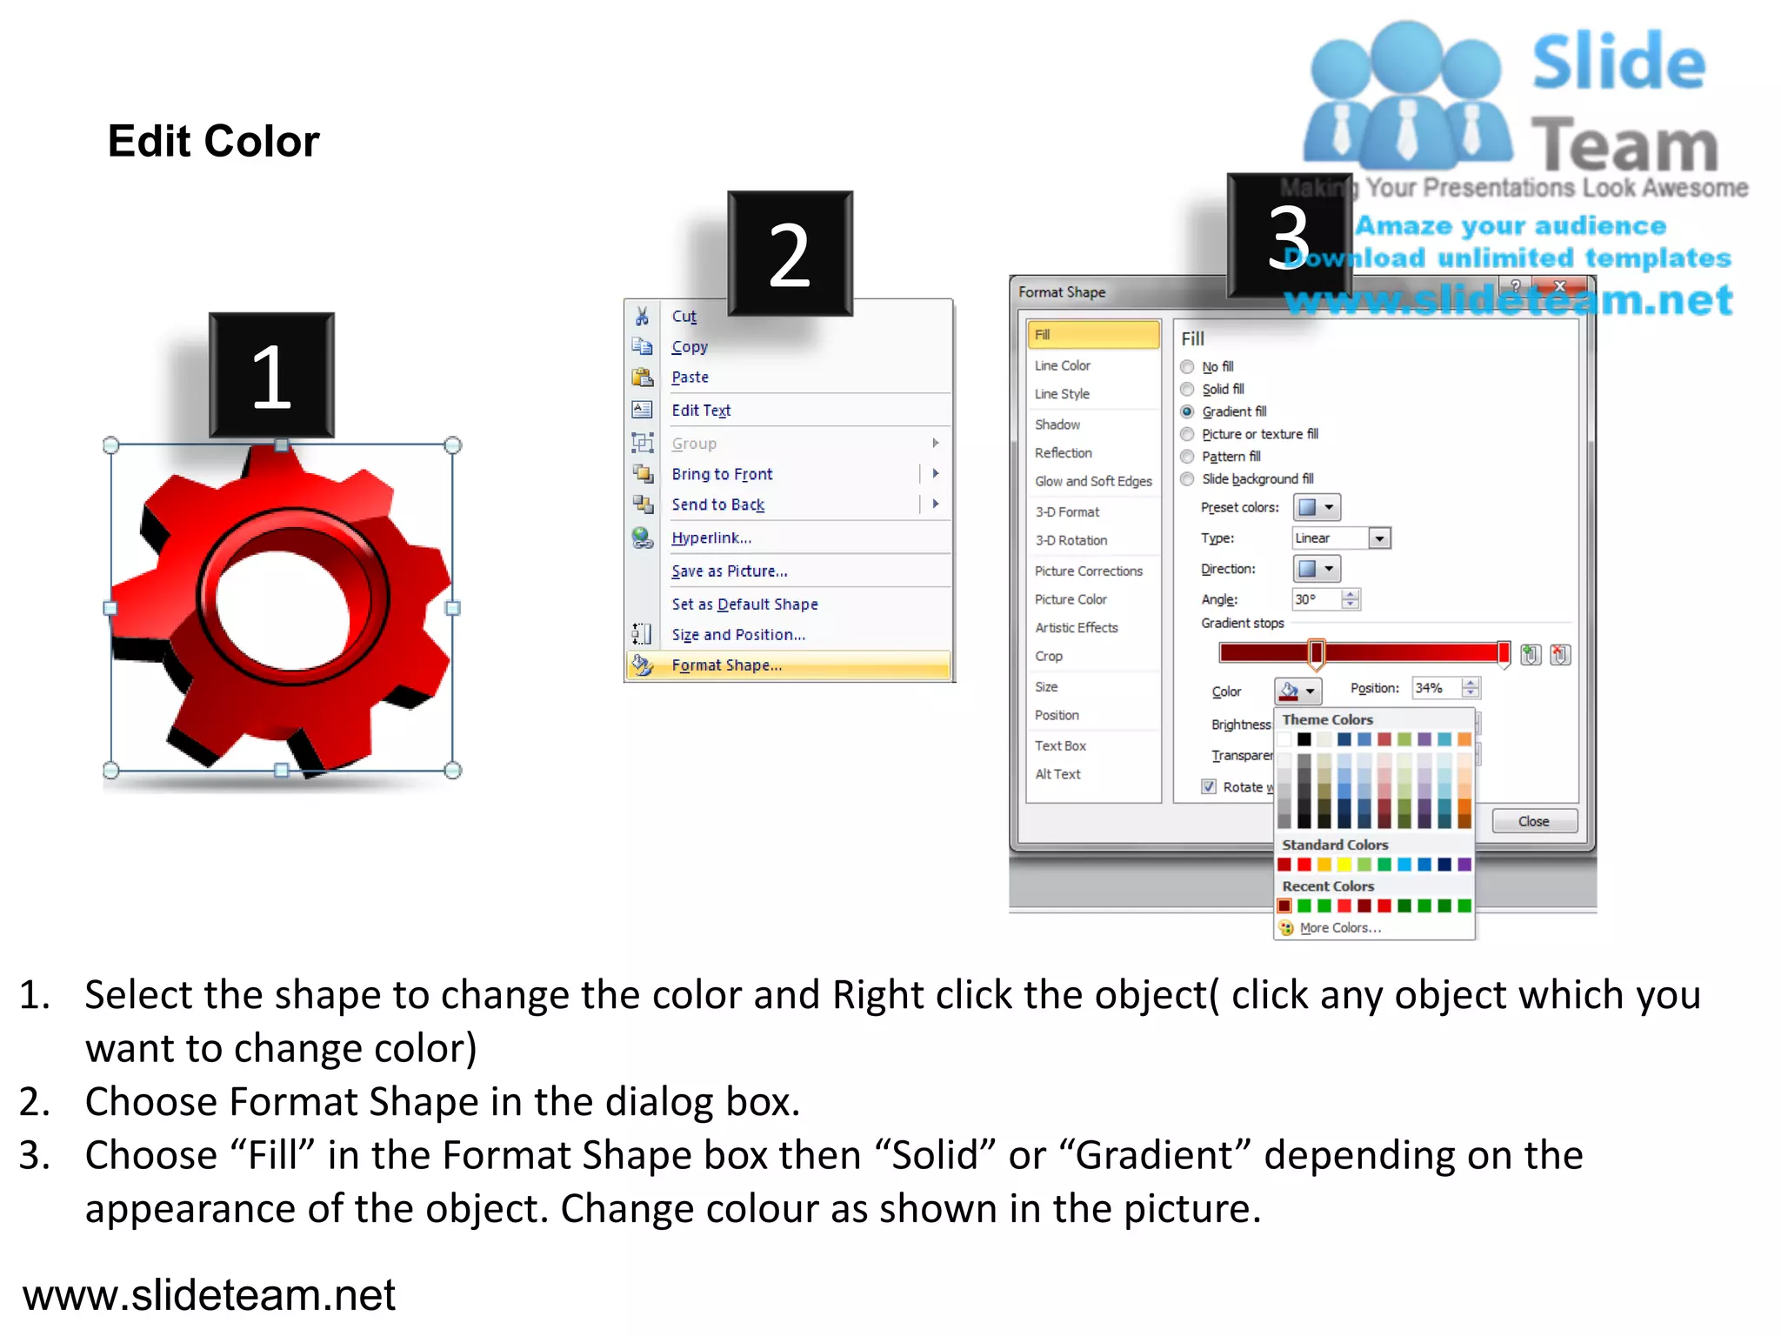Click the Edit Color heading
coord(213,141)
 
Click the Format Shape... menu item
coord(726,665)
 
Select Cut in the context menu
coord(684,317)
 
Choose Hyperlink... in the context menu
coord(710,538)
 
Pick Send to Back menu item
coord(717,505)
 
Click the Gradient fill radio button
coord(1187,411)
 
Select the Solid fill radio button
coord(1187,389)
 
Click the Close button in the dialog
coord(1533,821)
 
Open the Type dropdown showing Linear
coord(1379,538)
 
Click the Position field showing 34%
coord(1436,688)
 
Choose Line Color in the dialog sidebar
coord(1062,366)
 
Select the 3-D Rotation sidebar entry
coord(1071,540)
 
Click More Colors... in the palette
coord(1339,928)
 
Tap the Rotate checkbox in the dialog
coord(1209,786)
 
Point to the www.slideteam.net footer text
coord(209,1295)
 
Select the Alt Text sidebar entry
coord(1057,774)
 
